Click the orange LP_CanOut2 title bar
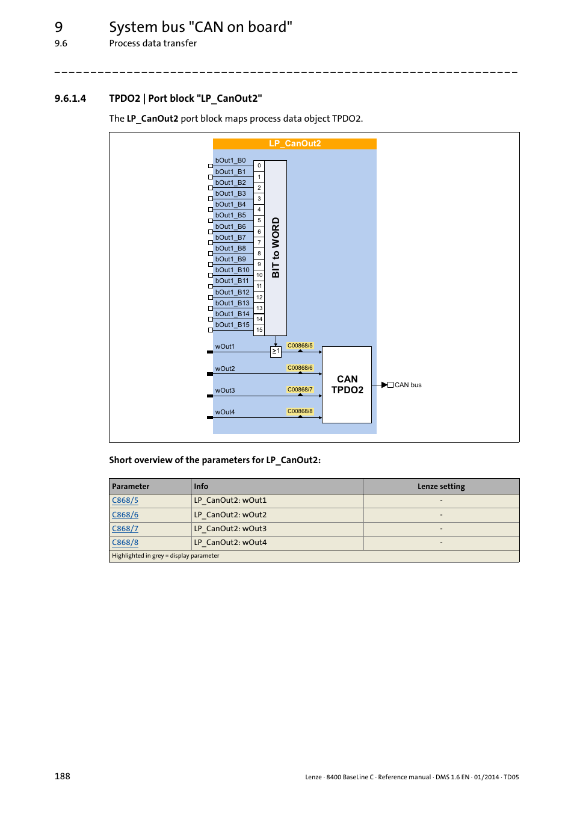[294, 143]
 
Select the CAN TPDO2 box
[347, 384]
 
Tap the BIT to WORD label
[276, 248]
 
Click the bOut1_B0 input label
[230, 161]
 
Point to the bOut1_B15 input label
[232, 325]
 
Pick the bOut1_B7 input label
[230, 238]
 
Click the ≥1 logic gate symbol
[276, 351]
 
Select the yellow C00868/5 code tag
[300, 346]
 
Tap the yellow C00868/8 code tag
[300, 411]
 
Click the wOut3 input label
[225, 391]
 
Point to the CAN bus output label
[408, 385]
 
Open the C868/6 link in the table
[125, 515]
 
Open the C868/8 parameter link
[125, 543]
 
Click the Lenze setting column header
[441, 487]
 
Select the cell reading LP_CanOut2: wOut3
[230, 529]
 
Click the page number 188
[63, 776]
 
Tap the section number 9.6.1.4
[70, 99]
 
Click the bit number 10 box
[259, 275]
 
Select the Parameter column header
[131, 487]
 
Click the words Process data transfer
[153, 43]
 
